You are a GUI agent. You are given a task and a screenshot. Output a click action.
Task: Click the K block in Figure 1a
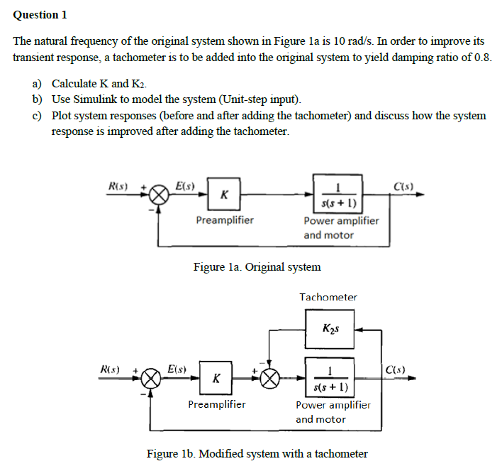pos(224,194)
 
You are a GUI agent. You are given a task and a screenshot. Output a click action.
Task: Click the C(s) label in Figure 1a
pos(406,186)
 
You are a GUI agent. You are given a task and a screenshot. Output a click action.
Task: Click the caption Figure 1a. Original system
pos(257,267)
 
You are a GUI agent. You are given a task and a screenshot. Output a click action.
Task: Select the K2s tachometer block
pos(330,328)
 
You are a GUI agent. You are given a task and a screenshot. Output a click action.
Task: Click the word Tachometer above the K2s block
pos(328,297)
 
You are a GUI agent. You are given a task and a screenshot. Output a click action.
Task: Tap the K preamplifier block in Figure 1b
pos(216,378)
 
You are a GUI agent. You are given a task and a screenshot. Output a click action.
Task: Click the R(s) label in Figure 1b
pos(111,369)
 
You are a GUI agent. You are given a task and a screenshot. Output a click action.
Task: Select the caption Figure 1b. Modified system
pos(257,453)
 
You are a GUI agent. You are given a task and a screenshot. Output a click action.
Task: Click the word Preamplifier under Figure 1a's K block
pos(224,220)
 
